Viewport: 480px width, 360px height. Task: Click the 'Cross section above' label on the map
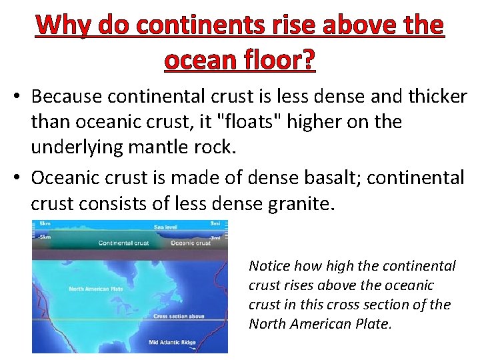tap(179, 317)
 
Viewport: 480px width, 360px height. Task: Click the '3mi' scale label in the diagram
tap(216, 223)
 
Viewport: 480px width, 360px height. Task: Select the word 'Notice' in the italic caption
tap(269, 266)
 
